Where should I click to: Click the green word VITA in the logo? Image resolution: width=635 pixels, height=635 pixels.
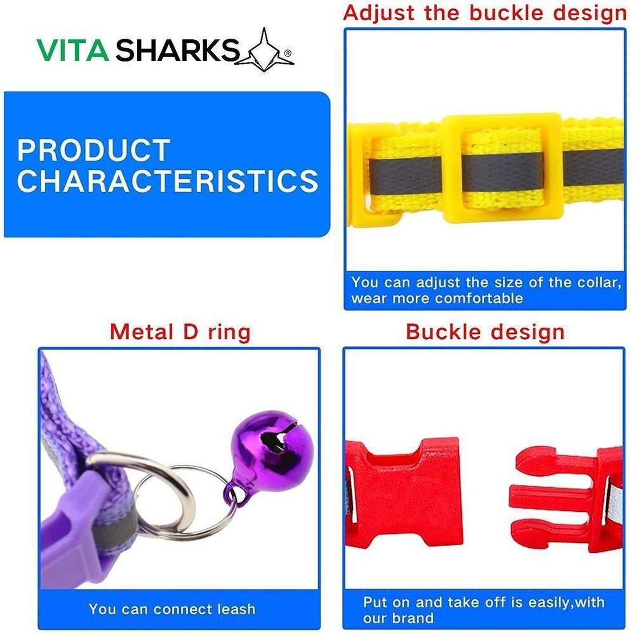point(73,50)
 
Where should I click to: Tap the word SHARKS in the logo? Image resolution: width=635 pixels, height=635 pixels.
point(177,50)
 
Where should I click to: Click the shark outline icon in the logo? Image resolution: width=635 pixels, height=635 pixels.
point(265,51)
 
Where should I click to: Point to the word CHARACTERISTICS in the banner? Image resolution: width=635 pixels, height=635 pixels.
point(168,181)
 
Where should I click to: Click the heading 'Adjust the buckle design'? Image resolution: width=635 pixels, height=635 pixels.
point(485,13)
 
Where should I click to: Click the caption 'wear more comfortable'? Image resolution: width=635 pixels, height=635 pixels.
point(437,298)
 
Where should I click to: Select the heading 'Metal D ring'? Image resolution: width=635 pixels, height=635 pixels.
point(180,331)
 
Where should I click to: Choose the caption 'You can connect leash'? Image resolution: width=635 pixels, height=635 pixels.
point(172,609)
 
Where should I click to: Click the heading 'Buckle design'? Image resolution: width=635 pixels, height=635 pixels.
point(485,332)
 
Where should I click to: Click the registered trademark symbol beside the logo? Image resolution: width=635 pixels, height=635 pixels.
point(288,53)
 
